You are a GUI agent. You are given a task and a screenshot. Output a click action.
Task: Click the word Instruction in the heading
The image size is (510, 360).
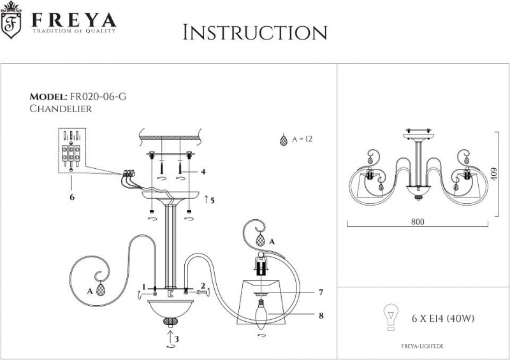pos(255,32)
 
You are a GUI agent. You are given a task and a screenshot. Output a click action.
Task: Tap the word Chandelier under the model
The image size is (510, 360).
pos(61,109)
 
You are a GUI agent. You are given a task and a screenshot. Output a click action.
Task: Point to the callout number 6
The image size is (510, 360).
pos(72,198)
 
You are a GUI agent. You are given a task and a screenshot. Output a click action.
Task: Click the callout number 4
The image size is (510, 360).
pos(203,171)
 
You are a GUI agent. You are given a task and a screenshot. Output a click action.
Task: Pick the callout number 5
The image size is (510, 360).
pos(212,200)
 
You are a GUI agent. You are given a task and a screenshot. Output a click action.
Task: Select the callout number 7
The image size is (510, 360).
pos(321,292)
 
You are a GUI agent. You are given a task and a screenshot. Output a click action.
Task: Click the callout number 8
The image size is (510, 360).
pos(321,314)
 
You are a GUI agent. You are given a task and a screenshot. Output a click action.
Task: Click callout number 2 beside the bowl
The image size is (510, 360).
pos(202,285)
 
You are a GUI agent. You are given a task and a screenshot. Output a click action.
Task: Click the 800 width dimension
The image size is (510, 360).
pos(417,222)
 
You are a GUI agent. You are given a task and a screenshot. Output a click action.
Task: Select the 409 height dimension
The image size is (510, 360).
pos(503,172)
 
